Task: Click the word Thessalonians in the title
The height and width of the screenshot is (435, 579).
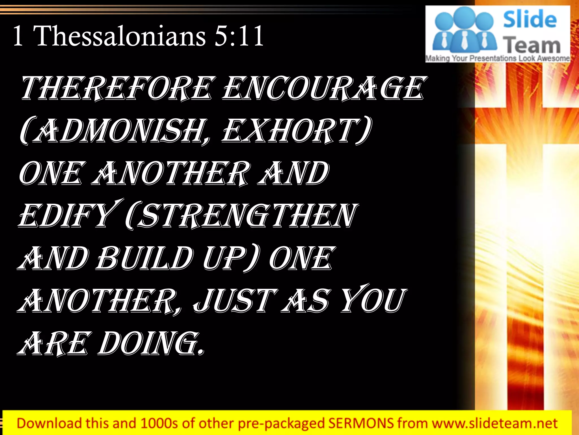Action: [x=120, y=36]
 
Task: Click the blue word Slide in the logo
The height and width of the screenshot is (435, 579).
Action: [x=530, y=19]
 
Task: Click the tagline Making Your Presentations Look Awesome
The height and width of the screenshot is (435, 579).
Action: [x=498, y=58]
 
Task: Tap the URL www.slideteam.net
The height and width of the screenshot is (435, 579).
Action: [x=495, y=423]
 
